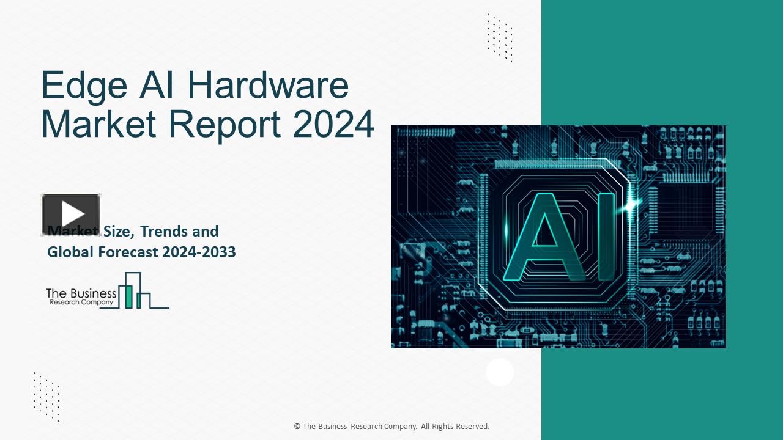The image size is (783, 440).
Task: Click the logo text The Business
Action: point(81,293)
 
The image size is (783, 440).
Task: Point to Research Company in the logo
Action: point(81,302)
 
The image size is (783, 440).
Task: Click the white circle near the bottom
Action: point(500,372)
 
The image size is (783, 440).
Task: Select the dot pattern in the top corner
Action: point(499,37)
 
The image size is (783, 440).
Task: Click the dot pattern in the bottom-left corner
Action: point(46,396)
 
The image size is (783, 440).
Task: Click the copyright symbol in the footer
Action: point(297,427)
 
